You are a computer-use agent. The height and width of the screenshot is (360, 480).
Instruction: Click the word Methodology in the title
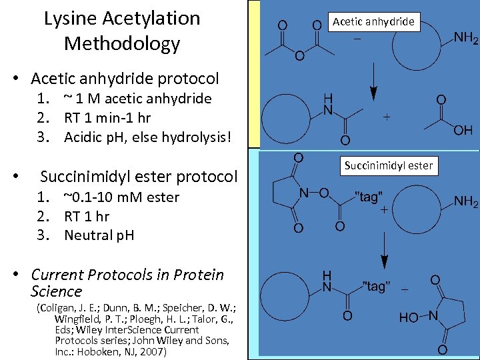122,44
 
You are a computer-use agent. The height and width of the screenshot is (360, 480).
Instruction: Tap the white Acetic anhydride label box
373,21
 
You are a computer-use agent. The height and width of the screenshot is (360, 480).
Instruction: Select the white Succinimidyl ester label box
389,165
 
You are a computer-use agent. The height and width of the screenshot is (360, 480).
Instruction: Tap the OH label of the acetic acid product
463,130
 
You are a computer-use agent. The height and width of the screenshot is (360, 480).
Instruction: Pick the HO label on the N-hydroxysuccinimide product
409,318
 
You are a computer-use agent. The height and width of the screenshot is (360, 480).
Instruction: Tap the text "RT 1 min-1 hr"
107,118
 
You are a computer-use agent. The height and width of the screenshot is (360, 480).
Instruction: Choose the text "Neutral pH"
99,235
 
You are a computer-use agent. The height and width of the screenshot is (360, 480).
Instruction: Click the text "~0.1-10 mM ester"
121,197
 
